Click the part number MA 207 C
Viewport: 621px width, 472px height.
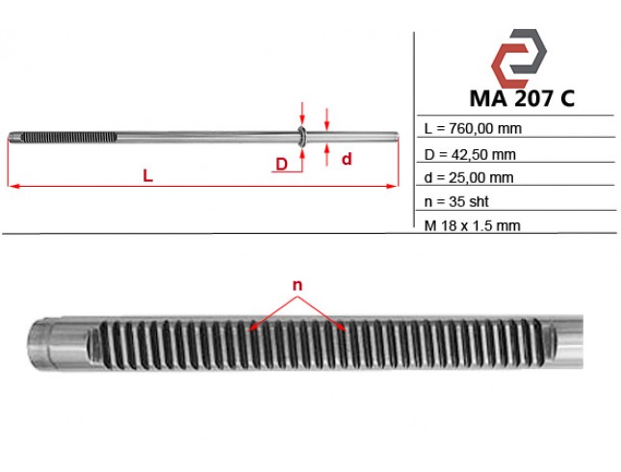click(522, 98)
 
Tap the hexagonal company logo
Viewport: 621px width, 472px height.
click(519, 59)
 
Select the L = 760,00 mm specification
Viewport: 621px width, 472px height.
click(473, 129)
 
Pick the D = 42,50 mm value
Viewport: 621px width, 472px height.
click(470, 154)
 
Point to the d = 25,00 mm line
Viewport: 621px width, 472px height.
click(469, 177)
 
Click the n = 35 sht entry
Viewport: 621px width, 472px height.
click(456, 201)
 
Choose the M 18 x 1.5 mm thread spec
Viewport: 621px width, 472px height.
click(472, 225)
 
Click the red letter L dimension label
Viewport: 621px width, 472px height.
click(147, 175)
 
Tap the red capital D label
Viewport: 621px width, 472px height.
click(281, 164)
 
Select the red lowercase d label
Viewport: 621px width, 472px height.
click(347, 159)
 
